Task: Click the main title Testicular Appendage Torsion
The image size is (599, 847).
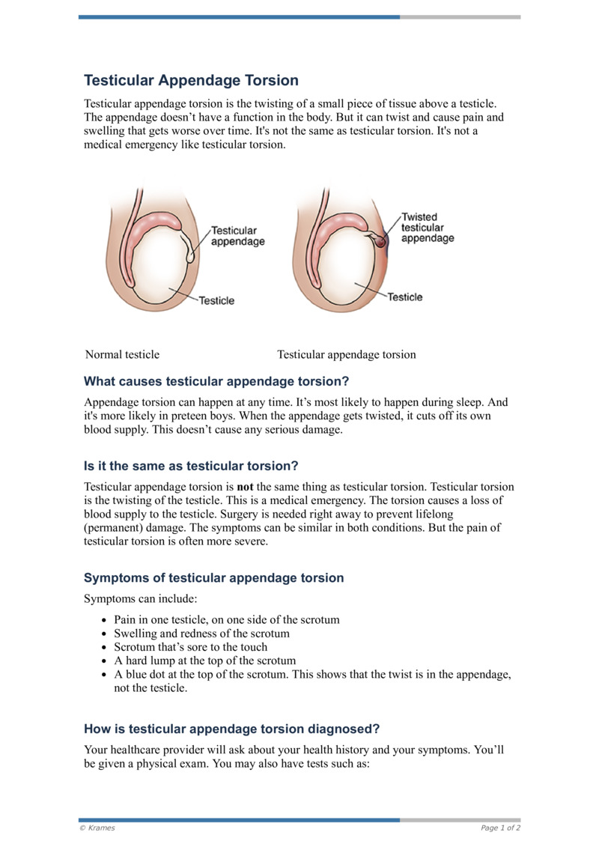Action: [191, 80]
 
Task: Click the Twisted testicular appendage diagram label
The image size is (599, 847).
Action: [427, 228]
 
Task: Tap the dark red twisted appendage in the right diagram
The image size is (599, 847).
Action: [381, 241]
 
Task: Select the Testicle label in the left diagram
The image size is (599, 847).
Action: [216, 300]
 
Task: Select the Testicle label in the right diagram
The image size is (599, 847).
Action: [405, 297]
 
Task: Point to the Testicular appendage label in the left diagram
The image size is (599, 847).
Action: [237, 236]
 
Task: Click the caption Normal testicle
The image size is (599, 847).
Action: [122, 354]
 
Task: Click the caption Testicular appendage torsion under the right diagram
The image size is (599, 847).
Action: [346, 354]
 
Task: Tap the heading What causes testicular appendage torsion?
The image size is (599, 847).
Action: [216, 380]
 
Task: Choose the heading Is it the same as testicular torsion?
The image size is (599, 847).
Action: [191, 466]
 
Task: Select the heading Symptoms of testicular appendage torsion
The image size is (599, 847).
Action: [214, 577]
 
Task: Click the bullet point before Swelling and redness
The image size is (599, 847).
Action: [104, 634]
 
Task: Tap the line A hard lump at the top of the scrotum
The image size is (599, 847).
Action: [204, 661]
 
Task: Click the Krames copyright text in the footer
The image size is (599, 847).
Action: [97, 828]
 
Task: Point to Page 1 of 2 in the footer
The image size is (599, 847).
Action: [500, 828]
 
